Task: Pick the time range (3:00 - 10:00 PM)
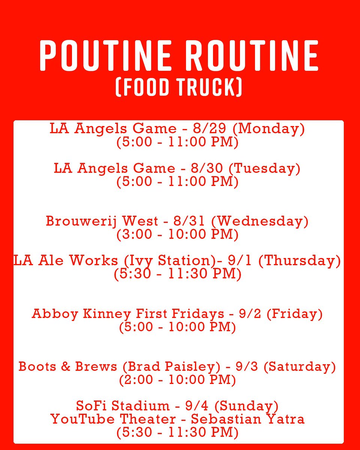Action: tap(177, 235)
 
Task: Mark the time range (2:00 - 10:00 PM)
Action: tap(177, 380)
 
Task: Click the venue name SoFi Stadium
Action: tap(123, 405)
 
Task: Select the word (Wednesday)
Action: tap(259, 221)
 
